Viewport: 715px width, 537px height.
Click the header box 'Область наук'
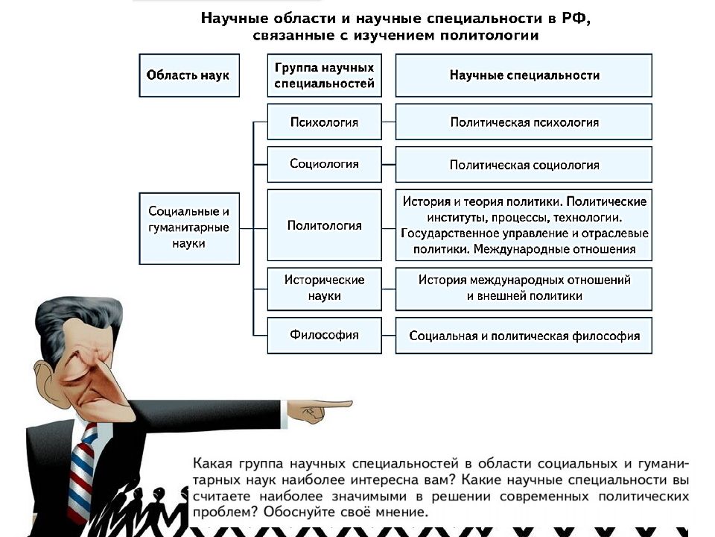[x=188, y=75]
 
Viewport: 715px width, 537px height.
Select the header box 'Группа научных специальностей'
[x=324, y=75]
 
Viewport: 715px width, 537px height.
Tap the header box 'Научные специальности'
[x=524, y=75]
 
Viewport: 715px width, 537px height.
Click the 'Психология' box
[x=324, y=122]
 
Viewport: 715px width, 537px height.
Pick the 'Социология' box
[x=324, y=164]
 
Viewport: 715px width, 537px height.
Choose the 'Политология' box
[x=324, y=225]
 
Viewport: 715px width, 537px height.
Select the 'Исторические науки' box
[x=324, y=289]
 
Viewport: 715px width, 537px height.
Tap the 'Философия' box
[x=324, y=336]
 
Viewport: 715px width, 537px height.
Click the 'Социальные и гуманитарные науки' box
[x=188, y=228]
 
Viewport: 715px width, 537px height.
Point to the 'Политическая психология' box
[x=524, y=122]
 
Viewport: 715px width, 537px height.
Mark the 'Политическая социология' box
[x=524, y=164]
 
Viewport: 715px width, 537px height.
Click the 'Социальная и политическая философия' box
[x=524, y=336]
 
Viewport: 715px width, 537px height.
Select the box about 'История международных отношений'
[x=524, y=289]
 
